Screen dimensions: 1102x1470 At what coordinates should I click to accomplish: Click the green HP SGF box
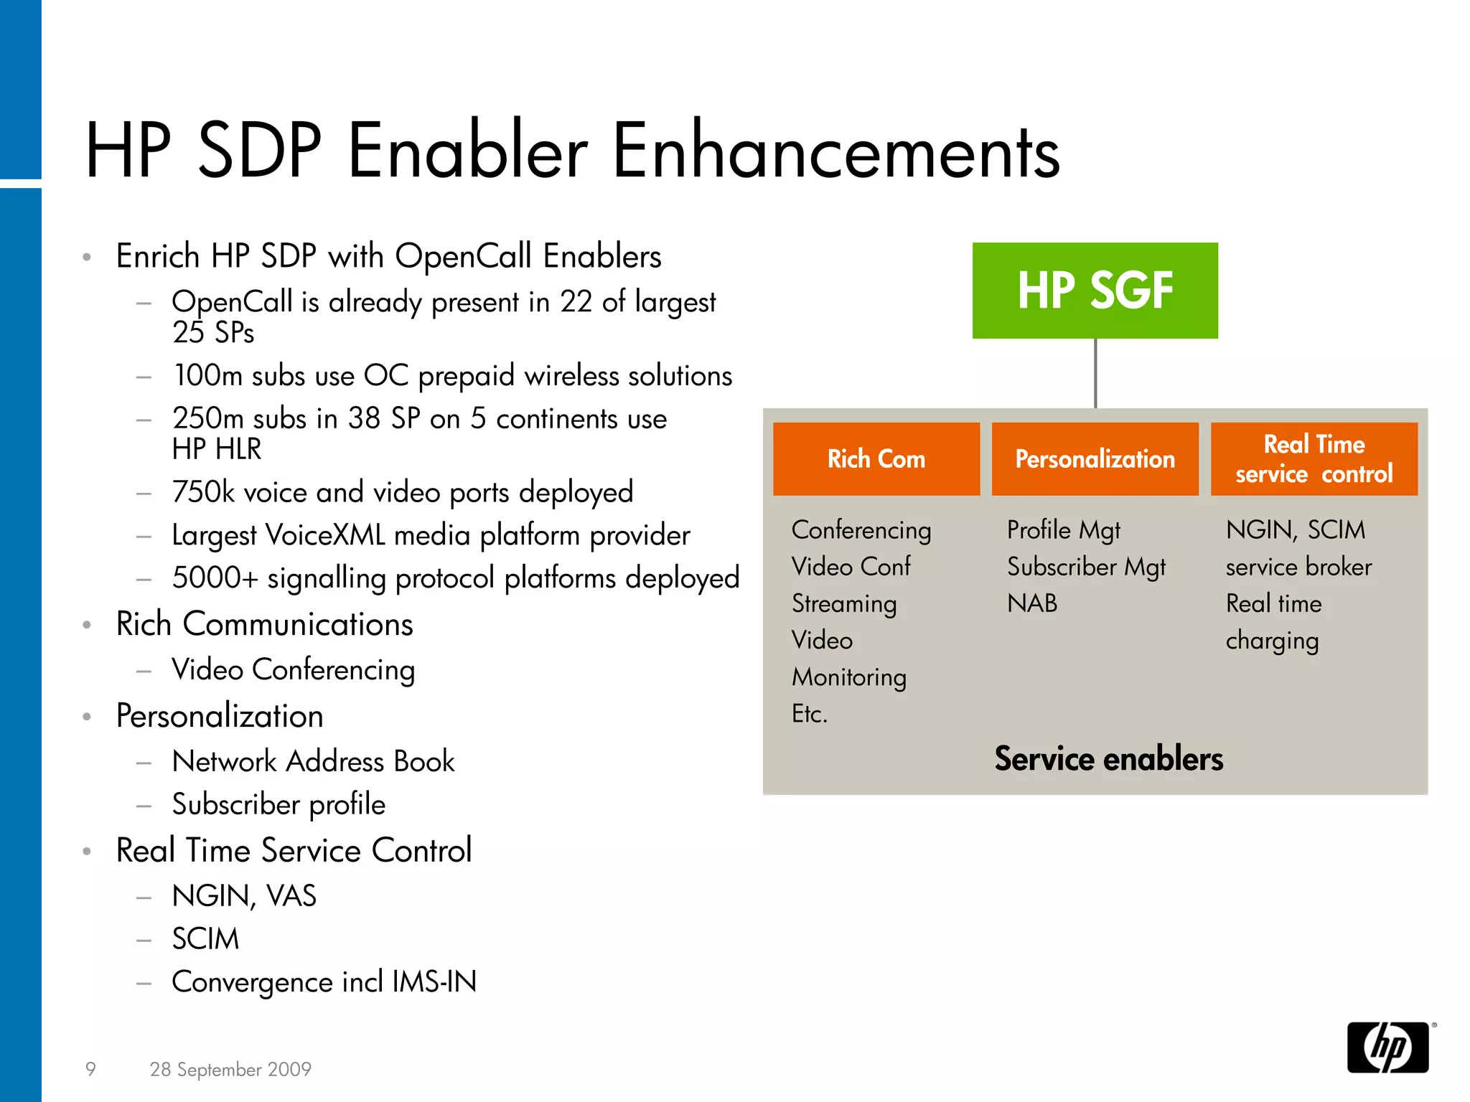(1095, 291)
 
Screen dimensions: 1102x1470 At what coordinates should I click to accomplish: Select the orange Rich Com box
(876, 459)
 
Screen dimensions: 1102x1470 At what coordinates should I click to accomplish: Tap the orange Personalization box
(1095, 459)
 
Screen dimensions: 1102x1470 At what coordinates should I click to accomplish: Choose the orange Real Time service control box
(1314, 459)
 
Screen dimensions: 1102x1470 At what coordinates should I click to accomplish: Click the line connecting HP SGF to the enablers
(1095, 373)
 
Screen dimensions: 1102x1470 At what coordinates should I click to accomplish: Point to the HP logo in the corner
(1387, 1047)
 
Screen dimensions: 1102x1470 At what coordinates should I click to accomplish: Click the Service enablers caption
(1108, 759)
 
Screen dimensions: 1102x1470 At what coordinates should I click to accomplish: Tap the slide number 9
(90, 1069)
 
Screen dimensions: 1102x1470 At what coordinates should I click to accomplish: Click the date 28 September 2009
(230, 1069)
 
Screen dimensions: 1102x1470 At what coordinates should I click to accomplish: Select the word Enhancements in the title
(835, 151)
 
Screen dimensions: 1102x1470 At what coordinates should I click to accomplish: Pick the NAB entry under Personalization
(1032, 603)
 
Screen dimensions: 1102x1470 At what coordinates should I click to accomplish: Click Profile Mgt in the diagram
(1063, 530)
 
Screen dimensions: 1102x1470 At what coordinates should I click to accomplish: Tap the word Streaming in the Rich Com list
(844, 604)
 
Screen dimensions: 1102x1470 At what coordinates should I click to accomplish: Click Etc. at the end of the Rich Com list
(810, 714)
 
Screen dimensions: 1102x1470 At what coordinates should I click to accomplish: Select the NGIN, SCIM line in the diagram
(1296, 530)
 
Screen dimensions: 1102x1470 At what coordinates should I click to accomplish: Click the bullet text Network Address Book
(313, 761)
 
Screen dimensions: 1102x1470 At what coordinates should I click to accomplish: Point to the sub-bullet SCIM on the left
(205, 939)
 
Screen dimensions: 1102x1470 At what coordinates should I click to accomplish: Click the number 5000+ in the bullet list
(214, 578)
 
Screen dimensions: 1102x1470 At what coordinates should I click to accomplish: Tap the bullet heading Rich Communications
(264, 624)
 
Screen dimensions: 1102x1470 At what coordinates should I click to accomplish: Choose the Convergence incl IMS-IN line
(324, 982)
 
